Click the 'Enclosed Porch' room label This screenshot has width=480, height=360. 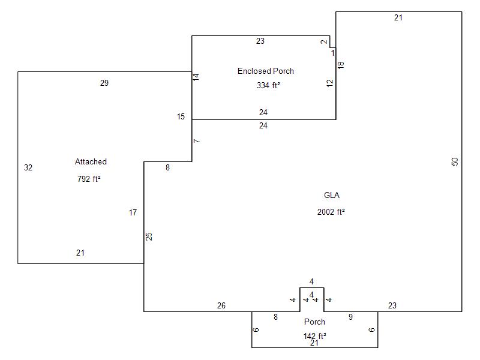point(266,71)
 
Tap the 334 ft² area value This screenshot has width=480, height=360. point(268,85)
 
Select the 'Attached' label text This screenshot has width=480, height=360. point(91,161)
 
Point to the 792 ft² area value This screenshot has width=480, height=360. point(89,179)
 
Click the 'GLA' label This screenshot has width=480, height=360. point(332,195)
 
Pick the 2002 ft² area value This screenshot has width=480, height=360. point(331,212)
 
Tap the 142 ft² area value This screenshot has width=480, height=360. point(314,335)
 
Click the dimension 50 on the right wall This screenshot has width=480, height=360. point(455,161)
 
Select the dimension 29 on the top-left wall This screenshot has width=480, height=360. point(104,83)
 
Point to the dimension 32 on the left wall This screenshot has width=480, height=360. point(28,167)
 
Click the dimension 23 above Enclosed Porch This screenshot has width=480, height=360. point(260,41)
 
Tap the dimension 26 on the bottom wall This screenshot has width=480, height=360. point(221,305)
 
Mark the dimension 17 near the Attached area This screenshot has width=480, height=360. point(133,212)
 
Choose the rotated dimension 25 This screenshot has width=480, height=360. point(150,236)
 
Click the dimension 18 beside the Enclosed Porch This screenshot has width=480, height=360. point(341,65)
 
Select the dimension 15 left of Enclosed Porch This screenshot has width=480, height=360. point(181,116)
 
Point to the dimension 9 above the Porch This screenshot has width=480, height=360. point(350,317)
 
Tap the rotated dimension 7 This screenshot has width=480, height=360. point(197,141)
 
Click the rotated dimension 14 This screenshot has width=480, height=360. point(196,77)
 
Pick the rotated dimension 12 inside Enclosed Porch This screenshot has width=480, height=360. point(329,83)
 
